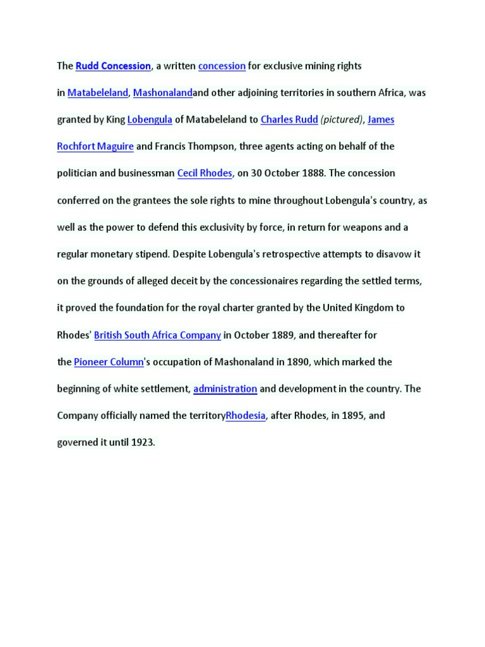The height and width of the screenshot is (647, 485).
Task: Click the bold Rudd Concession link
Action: (113, 66)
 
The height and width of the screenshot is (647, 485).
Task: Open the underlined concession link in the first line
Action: (222, 66)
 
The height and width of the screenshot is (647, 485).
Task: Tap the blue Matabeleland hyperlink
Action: (98, 93)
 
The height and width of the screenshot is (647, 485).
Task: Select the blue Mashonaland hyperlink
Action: (162, 93)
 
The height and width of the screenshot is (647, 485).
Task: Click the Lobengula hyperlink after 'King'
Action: (150, 119)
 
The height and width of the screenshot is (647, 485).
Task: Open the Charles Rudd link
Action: (289, 119)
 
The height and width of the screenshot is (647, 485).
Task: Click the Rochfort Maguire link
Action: (95, 147)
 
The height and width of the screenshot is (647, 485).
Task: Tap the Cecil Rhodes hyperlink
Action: (205, 173)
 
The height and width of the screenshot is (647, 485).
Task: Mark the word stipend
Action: (152, 254)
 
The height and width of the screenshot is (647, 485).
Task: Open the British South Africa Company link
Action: (157, 335)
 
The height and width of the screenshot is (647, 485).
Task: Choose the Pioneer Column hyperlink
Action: (109, 362)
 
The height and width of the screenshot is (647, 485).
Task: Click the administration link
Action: (225, 389)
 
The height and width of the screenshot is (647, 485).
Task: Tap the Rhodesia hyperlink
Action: (246, 416)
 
